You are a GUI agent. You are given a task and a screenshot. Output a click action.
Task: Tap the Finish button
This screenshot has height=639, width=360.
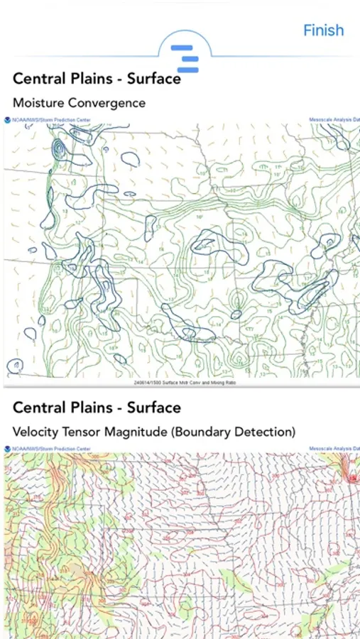(323, 31)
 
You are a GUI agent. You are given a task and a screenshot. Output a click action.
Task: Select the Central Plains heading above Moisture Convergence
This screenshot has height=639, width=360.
(97, 79)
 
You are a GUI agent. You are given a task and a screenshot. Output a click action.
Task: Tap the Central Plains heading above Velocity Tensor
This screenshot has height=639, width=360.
(97, 408)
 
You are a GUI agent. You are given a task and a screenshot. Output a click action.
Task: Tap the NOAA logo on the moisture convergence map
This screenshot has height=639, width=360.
(7, 120)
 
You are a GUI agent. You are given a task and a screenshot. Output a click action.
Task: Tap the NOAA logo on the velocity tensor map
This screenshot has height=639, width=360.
(7, 449)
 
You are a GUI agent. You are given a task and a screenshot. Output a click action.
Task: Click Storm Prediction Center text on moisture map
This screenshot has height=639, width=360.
(46, 120)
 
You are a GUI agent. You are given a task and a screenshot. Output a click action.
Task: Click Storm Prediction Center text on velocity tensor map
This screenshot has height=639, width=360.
(46, 449)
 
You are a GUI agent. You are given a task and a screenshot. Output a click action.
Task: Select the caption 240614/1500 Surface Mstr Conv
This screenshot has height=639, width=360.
(184, 383)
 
